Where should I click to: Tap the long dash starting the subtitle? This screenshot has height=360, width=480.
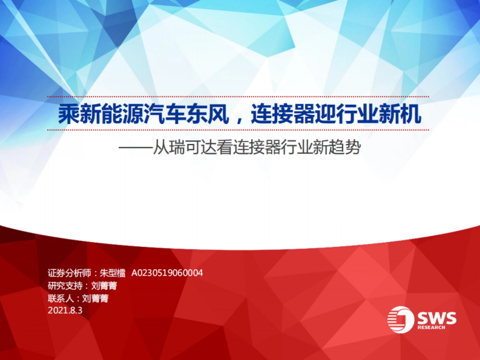click(x=136, y=149)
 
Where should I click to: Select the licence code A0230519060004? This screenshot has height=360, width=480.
click(x=167, y=273)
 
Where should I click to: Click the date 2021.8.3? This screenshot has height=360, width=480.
click(x=65, y=310)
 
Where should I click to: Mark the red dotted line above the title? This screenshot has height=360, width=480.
click(x=238, y=96)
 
